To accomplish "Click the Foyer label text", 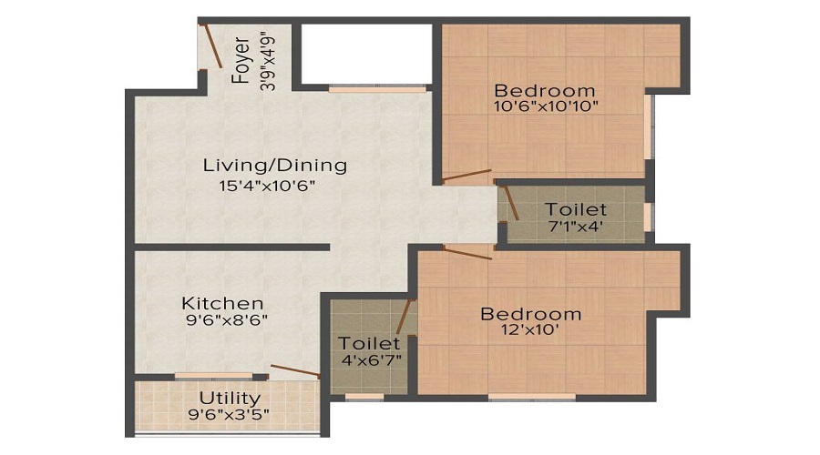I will point(241,60).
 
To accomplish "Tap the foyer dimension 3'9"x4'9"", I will point(267,61).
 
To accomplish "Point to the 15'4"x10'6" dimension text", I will point(261,187).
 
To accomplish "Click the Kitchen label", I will point(222,303).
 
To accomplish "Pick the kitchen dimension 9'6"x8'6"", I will point(224,320).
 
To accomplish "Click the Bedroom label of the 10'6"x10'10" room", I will point(545,91).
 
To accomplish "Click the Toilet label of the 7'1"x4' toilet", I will point(576,210).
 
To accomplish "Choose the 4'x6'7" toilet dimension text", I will point(369,359).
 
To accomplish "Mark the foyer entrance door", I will point(213,46).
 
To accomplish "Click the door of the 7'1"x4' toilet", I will point(511,203).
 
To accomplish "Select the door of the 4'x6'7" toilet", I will point(402,318).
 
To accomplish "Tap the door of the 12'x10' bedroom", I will point(467,252).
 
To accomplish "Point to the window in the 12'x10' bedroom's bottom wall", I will point(531,397).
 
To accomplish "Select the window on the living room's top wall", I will point(377,89).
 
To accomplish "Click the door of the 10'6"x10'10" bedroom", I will point(467,175).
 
